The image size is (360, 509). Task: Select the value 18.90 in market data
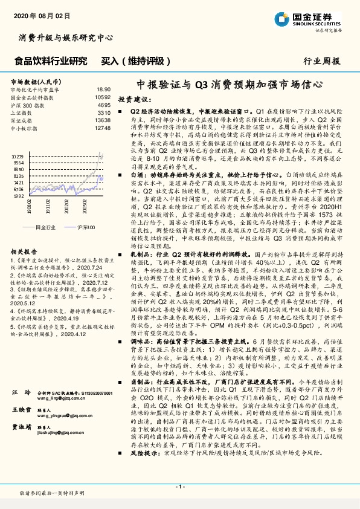point(103,89)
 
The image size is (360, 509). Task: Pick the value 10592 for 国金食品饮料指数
point(103,97)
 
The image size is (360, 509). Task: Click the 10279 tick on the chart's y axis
point(18,155)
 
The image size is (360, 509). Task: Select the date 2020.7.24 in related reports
point(91,267)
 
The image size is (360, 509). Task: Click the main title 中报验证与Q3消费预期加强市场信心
point(230,85)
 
